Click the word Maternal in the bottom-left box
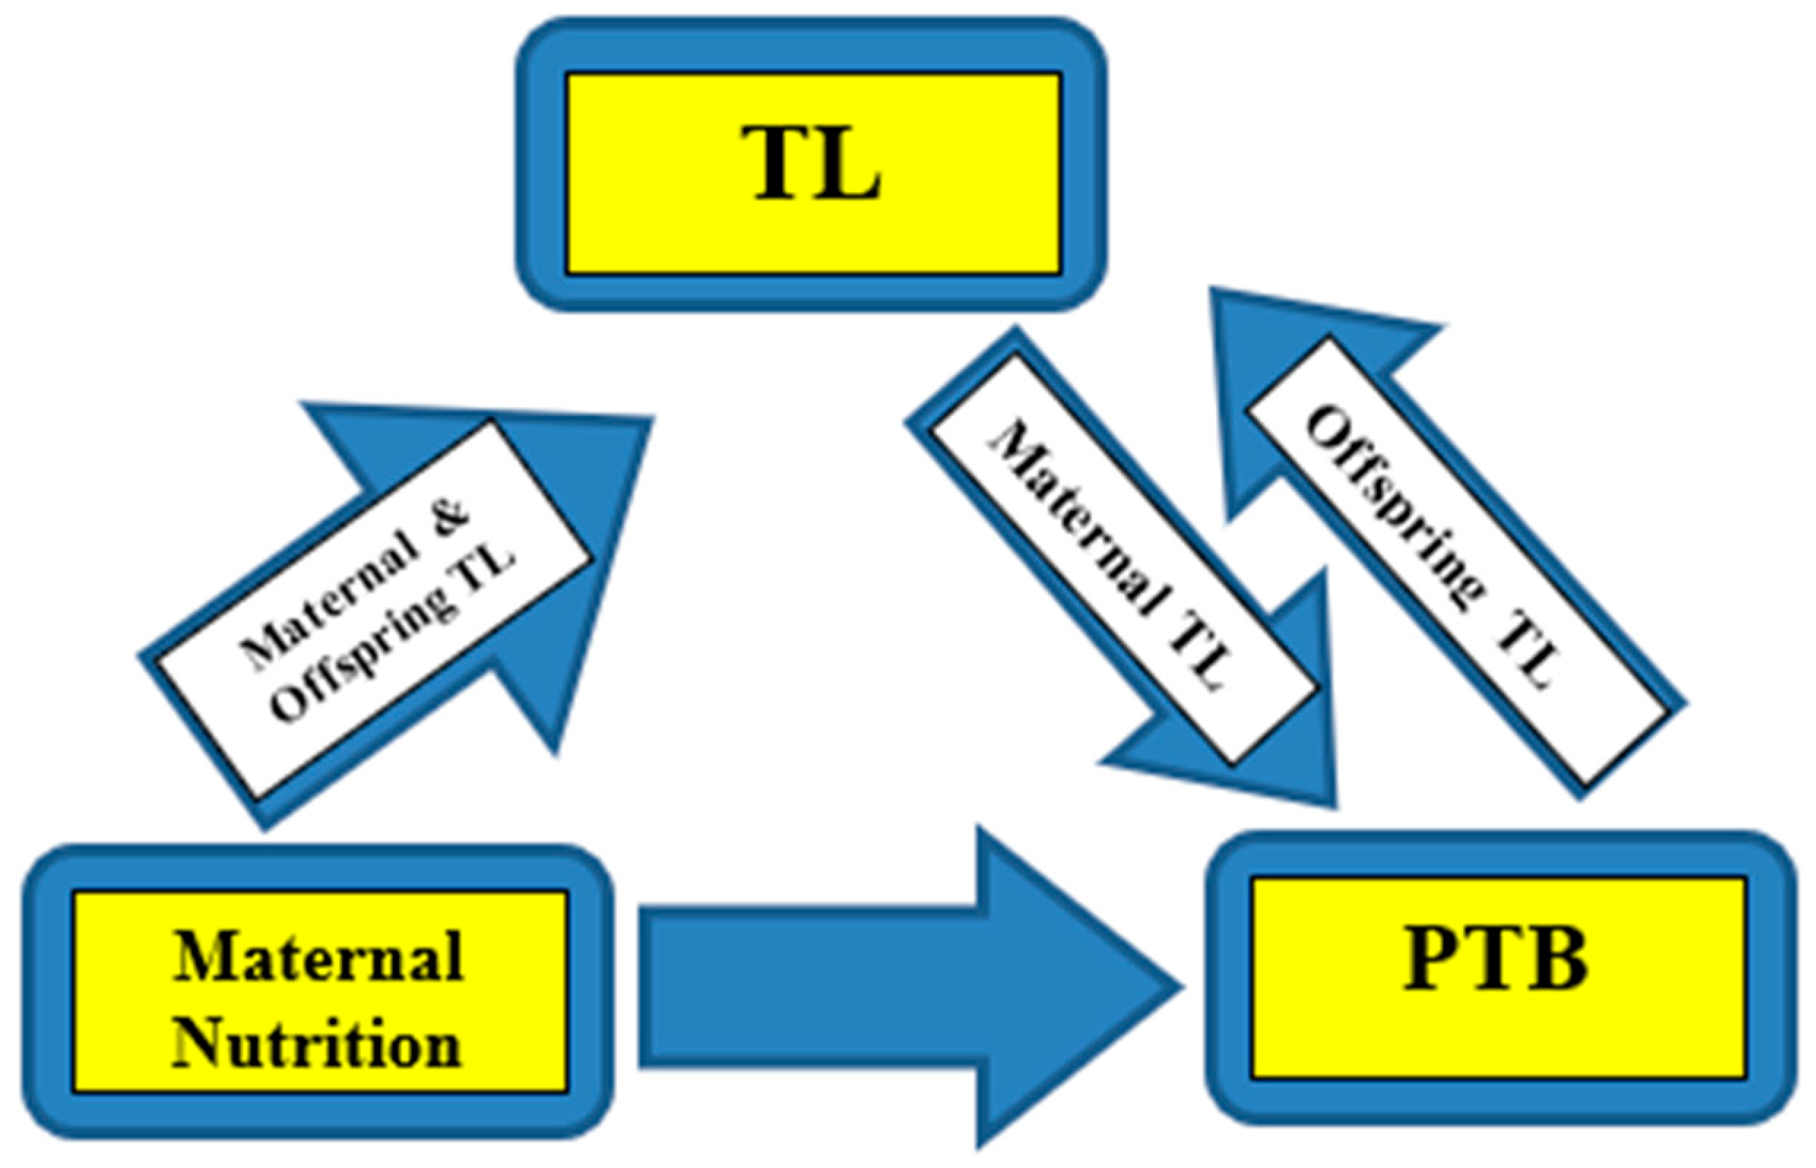(319, 957)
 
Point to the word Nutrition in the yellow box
(317, 1044)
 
